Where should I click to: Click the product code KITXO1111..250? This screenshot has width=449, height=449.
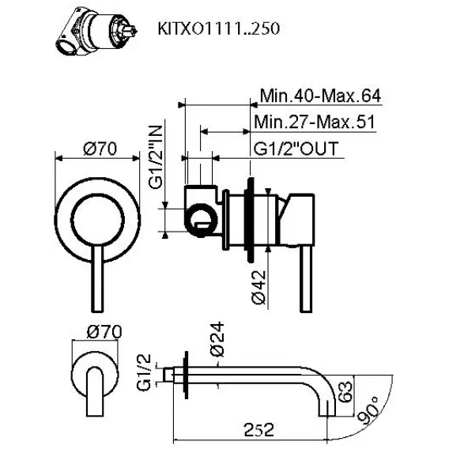click(x=218, y=28)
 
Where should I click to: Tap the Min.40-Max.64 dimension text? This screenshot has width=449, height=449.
click(x=320, y=96)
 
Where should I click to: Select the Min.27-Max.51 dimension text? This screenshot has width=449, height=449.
click(x=315, y=122)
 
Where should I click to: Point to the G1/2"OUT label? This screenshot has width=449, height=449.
click(x=296, y=149)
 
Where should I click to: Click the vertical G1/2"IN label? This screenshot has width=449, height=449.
click(x=156, y=157)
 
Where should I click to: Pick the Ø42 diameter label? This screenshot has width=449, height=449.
click(x=258, y=287)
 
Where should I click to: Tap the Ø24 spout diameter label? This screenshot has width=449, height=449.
click(x=217, y=339)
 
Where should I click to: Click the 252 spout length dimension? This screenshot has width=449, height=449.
click(x=258, y=429)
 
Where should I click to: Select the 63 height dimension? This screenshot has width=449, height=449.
click(x=345, y=391)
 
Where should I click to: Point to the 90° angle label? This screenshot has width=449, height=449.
click(x=369, y=410)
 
